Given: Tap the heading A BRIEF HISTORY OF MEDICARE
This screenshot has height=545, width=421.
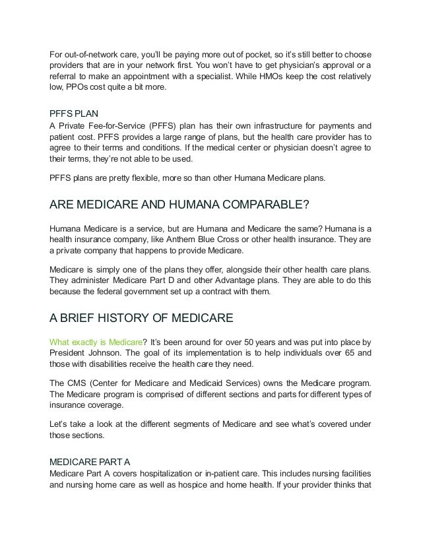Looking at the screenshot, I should point(141,319).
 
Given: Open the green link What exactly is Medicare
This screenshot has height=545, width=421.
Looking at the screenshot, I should point(96,342).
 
